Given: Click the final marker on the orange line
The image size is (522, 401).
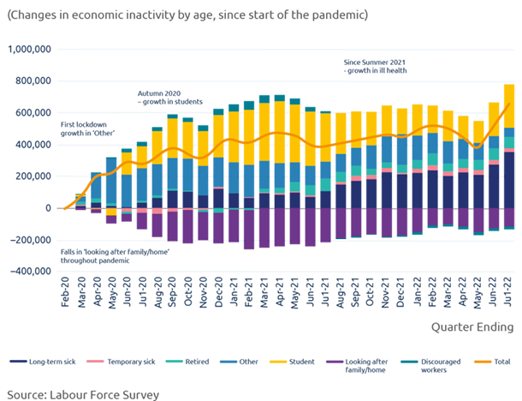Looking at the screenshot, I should click(509, 104).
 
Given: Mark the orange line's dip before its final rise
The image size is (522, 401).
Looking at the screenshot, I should click(475, 146).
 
